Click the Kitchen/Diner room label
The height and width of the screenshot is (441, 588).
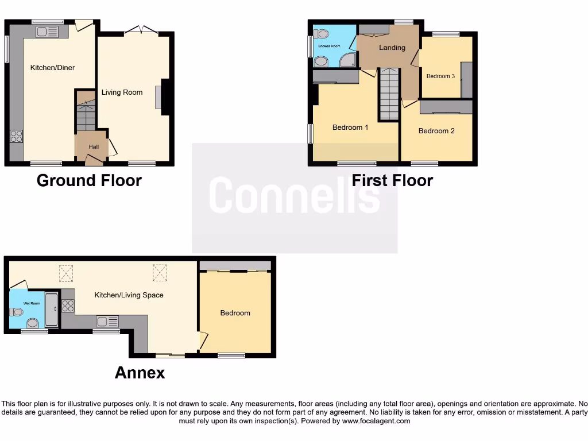point(52,68)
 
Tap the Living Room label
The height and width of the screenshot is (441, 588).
point(122,92)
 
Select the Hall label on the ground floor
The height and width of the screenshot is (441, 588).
point(94,147)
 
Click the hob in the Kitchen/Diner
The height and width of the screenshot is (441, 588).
point(17,137)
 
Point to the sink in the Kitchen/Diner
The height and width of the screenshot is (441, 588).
point(45,32)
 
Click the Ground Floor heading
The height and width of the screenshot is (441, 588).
point(89,180)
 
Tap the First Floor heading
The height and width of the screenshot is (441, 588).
point(392,180)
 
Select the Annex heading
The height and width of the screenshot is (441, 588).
point(140,373)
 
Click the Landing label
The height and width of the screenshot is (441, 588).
point(392,48)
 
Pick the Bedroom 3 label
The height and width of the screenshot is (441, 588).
point(440,76)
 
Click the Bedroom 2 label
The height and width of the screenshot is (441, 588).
point(436,131)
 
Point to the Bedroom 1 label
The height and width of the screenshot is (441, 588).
point(350,127)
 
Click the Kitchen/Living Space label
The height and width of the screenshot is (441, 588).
point(129,295)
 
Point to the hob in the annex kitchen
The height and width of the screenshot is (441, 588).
point(68,306)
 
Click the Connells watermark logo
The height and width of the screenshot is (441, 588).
point(294,195)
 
